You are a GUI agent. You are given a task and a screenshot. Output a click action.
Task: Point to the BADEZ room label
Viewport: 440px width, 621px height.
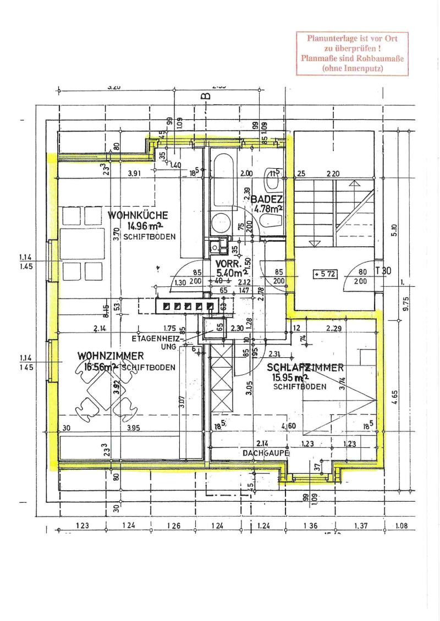click(267, 199)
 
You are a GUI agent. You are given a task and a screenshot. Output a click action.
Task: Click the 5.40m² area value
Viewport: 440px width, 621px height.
click(230, 273)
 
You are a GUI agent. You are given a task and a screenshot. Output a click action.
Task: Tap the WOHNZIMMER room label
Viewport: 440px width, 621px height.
click(111, 356)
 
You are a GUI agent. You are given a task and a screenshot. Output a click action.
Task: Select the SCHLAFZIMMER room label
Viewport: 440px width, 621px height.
click(305, 367)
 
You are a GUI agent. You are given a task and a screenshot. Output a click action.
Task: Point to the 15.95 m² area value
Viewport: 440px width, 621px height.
click(290, 378)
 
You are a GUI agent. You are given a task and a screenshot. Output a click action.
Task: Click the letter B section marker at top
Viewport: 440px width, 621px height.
click(206, 97)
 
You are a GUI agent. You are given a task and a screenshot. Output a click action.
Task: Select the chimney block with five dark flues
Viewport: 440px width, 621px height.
click(186, 305)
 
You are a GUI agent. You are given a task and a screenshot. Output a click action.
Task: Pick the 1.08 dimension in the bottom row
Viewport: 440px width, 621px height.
click(402, 526)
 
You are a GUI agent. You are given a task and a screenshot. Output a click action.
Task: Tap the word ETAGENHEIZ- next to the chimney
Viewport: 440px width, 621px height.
click(156, 338)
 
